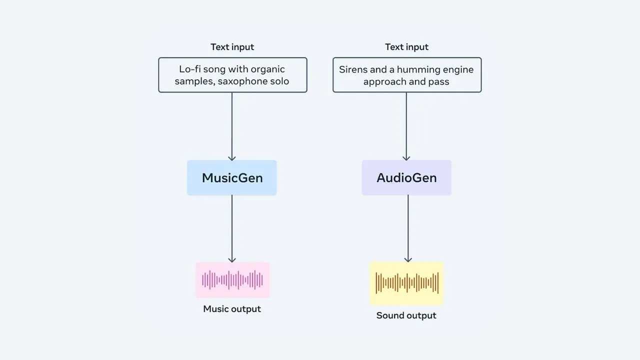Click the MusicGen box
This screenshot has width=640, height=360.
pos(231,177)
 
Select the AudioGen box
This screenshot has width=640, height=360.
pos(406,177)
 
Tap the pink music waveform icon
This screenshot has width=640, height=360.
pos(232,280)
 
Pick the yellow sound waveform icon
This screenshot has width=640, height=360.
pos(406,283)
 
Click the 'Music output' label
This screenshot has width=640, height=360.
pos(232,309)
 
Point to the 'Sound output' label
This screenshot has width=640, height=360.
pos(406,315)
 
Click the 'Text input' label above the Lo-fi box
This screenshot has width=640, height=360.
pos(232,47)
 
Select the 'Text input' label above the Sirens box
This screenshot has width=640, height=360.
pos(406,47)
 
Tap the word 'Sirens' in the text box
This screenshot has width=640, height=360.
pos(353,69)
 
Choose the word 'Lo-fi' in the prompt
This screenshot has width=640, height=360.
pos(190,69)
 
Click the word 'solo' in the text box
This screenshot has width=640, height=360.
pos(278,81)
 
